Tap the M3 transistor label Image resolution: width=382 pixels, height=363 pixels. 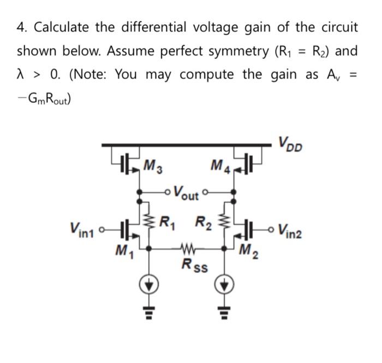click(x=151, y=164)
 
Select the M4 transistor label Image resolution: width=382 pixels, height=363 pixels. click(x=220, y=164)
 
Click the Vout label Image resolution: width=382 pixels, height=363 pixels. click(x=186, y=194)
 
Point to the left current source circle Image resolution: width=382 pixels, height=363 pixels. click(x=151, y=285)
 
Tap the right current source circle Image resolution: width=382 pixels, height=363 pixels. click(x=225, y=285)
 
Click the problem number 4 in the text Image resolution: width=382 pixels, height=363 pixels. click(x=20, y=27)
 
